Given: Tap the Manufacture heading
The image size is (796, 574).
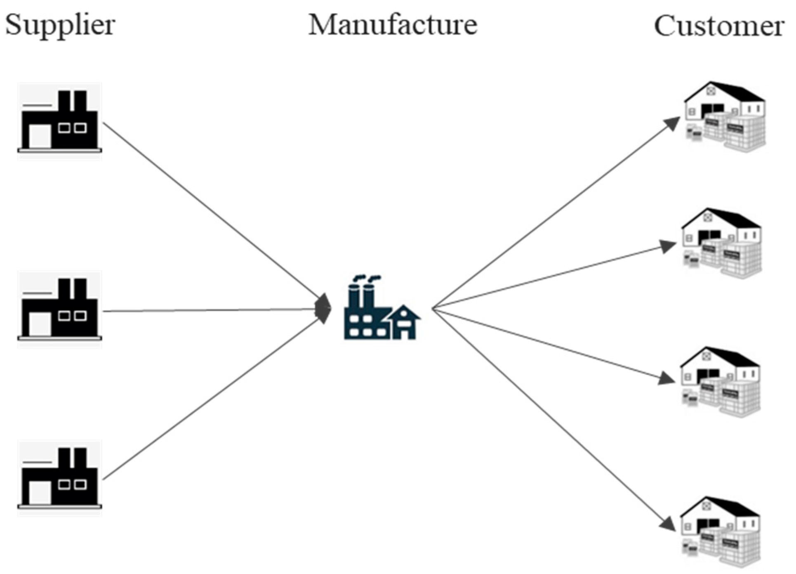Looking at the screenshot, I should pos(393,25).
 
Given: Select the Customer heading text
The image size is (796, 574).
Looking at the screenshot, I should pos(719,26).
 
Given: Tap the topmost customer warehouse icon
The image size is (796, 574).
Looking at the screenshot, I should pos(725,117).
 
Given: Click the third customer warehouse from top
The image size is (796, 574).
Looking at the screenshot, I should pos(720,382).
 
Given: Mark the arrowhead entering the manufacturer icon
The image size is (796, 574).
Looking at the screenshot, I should pos(324,309).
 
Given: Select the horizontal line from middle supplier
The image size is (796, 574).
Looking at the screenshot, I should pos(210,310).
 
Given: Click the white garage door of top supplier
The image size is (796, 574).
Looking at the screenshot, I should pos(40,136).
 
